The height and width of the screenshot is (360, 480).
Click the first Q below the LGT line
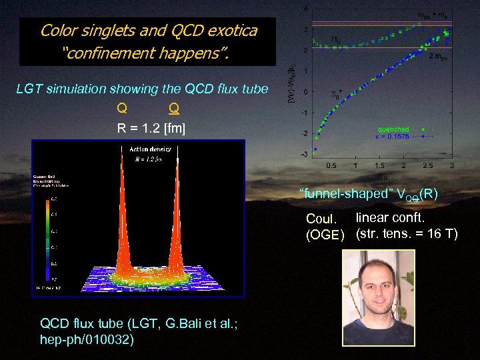[x=122, y=108]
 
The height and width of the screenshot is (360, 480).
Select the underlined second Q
[x=173, y=108]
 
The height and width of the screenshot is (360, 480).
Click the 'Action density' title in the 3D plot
[x=145, y=149]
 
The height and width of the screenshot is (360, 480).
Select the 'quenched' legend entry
[x=393, y=129]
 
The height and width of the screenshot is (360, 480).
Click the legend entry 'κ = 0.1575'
[x=394, y=137]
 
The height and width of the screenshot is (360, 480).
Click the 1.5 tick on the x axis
[x=379, y=166]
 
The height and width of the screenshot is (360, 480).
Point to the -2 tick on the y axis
[x=305, y=134]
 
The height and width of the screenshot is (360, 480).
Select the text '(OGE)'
[x=325, y=235]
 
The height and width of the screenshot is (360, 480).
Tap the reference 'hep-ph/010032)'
[x=87, y=339]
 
